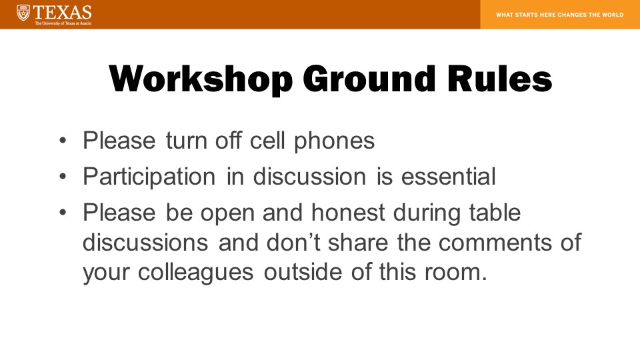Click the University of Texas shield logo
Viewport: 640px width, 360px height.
23,13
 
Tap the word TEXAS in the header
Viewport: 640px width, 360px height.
63,13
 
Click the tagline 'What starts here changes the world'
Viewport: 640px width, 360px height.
559,15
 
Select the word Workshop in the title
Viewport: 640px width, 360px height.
201,79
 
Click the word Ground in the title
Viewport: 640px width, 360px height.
369,79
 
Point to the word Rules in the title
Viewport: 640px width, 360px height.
499,79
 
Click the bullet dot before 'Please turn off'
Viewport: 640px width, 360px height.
63,141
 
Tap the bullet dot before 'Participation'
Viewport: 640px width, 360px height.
63,177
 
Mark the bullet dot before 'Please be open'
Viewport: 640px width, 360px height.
63,213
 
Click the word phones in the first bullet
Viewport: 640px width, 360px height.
334,141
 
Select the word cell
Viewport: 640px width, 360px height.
267,141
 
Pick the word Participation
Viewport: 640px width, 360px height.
149,177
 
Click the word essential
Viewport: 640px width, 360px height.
449,176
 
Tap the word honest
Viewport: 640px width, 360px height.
348,213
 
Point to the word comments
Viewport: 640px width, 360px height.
495,243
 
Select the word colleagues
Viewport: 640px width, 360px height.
195,273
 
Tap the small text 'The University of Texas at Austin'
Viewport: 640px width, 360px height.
63,23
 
